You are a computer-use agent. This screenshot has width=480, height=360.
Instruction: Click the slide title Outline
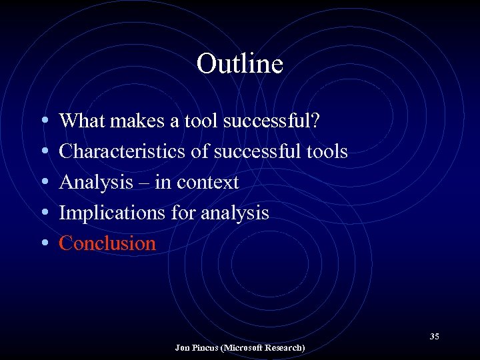[240, 64]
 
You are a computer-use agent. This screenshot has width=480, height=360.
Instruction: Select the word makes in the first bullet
[133, 121]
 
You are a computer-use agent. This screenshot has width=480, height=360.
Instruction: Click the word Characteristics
[123, 151]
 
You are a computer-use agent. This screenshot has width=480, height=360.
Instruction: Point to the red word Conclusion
[107, 243]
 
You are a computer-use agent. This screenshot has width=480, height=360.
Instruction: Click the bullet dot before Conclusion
[43, 244]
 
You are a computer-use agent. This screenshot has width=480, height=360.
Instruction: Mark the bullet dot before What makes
[43, 121]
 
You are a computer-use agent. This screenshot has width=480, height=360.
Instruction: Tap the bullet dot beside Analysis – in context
[43, 183]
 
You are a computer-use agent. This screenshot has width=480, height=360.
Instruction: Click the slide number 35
[434, 336]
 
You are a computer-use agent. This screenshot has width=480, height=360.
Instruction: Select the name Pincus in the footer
[205, 348]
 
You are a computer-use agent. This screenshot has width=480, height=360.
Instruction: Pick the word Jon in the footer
[182, 348]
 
